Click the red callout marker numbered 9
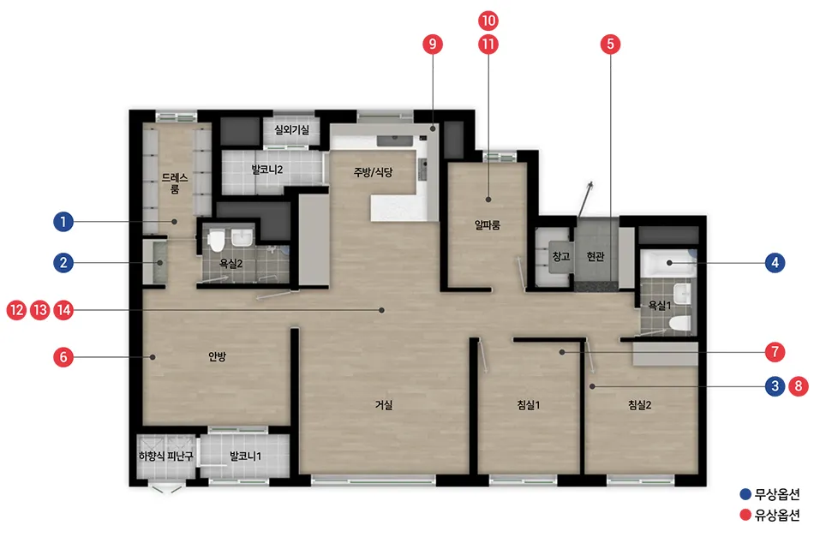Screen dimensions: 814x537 tap(433, 44)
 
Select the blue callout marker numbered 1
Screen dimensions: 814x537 tap(63, 222)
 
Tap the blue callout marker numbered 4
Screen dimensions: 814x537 tap(775, 263)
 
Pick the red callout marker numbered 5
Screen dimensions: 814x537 tap(610, 44)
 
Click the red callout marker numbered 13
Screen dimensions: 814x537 tap(40, 310)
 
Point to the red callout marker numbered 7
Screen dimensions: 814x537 tap(775, 352)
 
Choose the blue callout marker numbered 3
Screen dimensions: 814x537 tap(775, 386)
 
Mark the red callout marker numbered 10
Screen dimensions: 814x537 tap(488, 21)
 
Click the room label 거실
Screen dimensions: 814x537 tap(384, 405)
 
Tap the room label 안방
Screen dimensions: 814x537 tap(217, 356)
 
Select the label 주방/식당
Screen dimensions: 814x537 tap(374, 172)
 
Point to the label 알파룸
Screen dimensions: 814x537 tap(488, 225)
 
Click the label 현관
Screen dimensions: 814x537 tap(596, 256)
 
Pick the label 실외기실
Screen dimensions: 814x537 tap(291, 129)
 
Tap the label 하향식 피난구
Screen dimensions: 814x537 tap(165, 456)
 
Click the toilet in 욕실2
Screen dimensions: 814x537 tap(216, 241)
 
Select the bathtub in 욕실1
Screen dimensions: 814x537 tap(668, 263)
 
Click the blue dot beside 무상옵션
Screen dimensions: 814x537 tap(745, 494)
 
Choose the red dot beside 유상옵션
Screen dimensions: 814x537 tap(745, 515)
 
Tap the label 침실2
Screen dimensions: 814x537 tap(639, 405)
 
